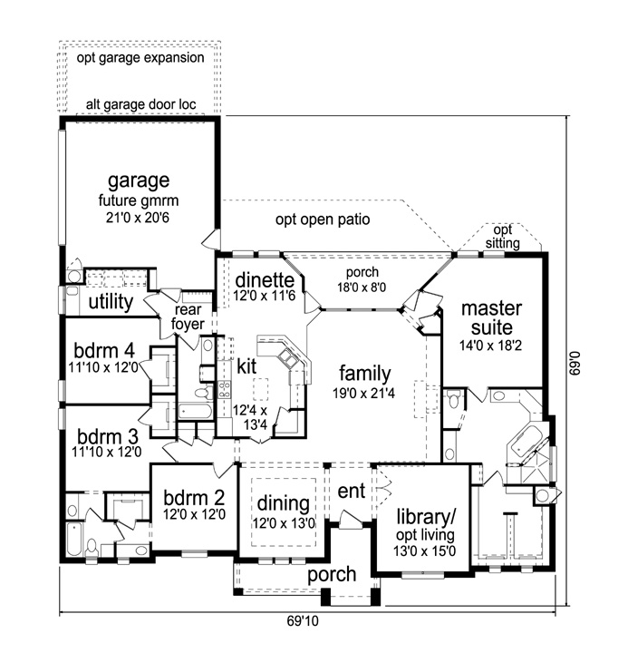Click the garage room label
(x=138, y=180)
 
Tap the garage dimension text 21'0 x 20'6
(x=138, y=218)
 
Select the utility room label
(x=111, y=301)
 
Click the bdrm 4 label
(x=106, y=349)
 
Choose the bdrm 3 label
(x=106, y=434)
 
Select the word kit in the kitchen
(x=247, y=366)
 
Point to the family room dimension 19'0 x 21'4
(x=364, y=392)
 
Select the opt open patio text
(x=324, y=220)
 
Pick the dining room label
(x=284, y=503)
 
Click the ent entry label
(x=350, y=491)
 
